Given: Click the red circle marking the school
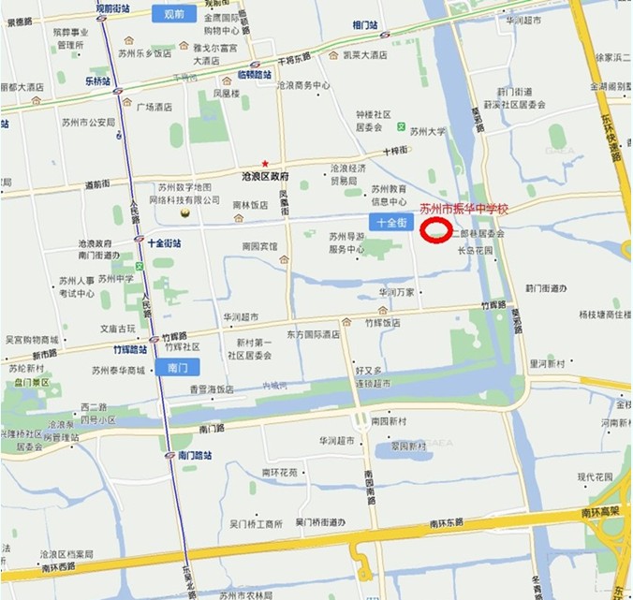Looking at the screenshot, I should pyautogui.click(x=435, y=230).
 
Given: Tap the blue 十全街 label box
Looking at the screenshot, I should pyautogui.click(x=390, y=223).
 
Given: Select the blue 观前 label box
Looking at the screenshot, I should pyautogui.click(x=173, y=13).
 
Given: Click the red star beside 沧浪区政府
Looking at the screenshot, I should pyautogui.click(x=265, y=163).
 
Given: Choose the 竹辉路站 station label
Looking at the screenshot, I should pyautogui.click(x=132, y=349).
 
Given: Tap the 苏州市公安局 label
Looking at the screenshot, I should pyautogui.click(x=91, y=123).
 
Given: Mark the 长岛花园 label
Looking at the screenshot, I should pyautogui.click(x=474, y=251).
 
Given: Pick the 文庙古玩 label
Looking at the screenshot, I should pyautogui.click(x=118, y=329).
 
